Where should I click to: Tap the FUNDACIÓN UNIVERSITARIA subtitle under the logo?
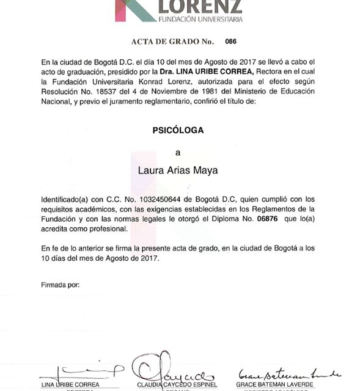pos(200,20)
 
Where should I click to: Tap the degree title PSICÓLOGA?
pos(178,130)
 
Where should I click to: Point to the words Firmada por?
pos(60,285)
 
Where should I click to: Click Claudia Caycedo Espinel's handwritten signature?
pos(166,369)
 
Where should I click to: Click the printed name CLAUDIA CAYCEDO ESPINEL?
pos(169,384)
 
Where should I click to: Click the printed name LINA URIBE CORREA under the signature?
pos(70,384)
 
